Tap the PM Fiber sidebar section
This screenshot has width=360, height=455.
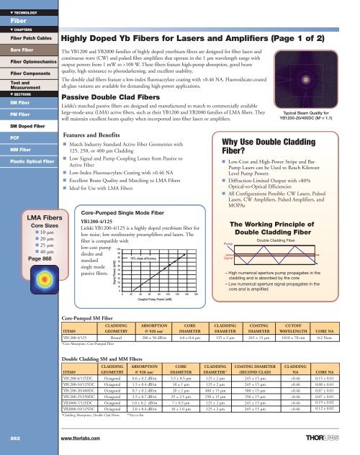[x=18, y=113]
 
